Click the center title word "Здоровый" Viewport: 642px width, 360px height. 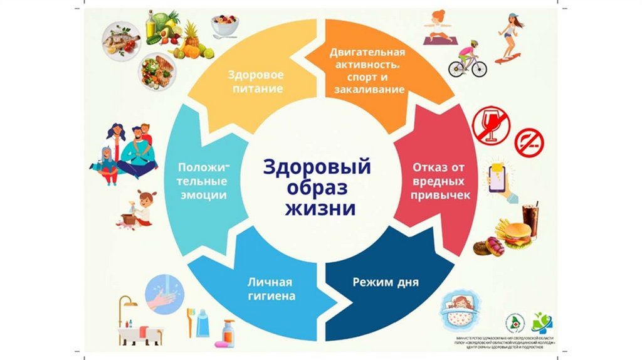click(317, 167)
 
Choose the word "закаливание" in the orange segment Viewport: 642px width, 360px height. click(367, 89)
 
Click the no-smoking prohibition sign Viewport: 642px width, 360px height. click(529, 142)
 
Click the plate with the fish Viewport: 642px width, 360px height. click(120, 40)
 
